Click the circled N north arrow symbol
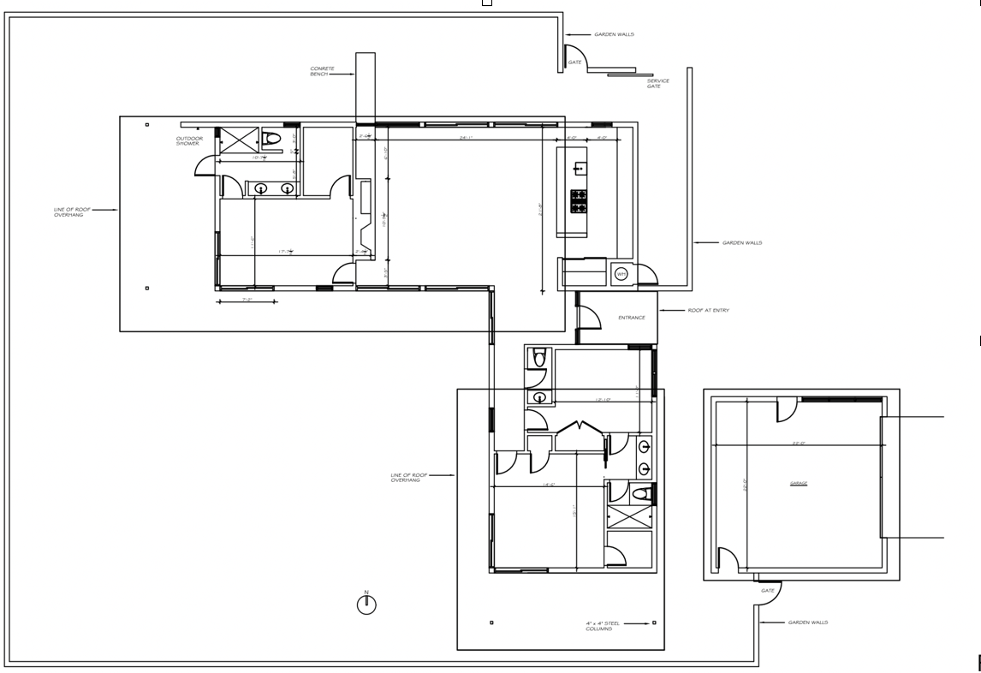[366, 604]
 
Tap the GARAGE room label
[799, 484]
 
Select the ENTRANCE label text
[631, 318]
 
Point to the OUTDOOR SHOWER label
[189, 140]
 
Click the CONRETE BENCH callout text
[322, 72]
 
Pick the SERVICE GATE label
[658, 84]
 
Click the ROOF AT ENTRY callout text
[709, 311]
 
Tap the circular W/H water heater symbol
[621, 275]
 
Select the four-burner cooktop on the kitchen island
[579, 201]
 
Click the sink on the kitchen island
[580, 169]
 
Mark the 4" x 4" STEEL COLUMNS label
[599, 626]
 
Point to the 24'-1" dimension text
[467, 137]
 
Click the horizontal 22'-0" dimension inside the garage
[800, 444]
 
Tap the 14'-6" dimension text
[549, 485]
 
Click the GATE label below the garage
[768, 591]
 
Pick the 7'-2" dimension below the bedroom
[246, 301]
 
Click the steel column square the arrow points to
[653, 623]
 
